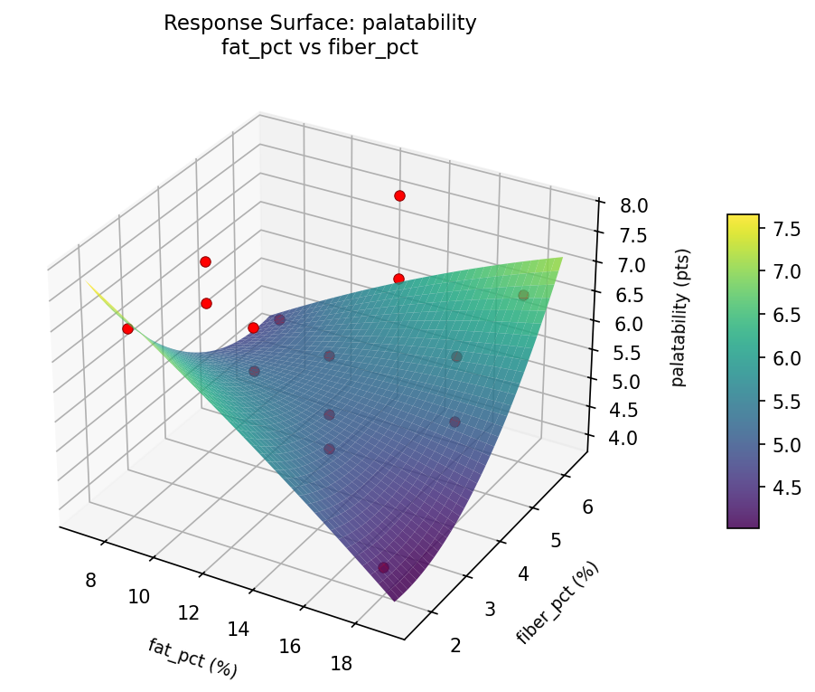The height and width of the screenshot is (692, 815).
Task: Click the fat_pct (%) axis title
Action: pyautogui.click(x=192, y=658)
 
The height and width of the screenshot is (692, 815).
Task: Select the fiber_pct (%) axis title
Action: pyautogui.click(x=557, y=602)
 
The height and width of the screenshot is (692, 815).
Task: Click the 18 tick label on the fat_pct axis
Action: pyautogui.click(x=341, y=664)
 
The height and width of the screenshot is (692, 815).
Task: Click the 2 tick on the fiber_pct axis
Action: pyautogui.click(x=455, y=645)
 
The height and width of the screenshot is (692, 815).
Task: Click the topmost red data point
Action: pyautogui.click(x=399, y=195)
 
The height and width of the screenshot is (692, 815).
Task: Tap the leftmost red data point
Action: pyautogui.click(x=127, y=328)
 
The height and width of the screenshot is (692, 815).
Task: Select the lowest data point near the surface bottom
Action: pyautogui.click(x=383, y=567)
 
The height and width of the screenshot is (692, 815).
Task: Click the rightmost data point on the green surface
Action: pyautogui.click(x=522, y=296)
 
